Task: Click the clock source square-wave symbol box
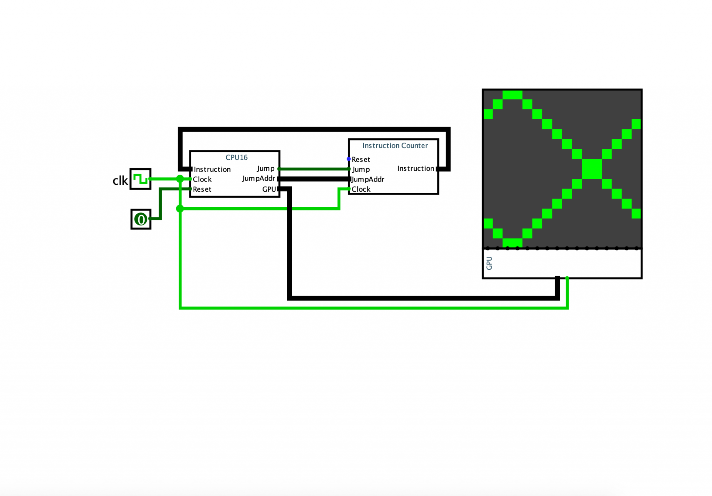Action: [140, 179]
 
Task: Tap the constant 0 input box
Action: [141, 219]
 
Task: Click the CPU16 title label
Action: [236, 158]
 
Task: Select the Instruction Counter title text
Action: [395, 145]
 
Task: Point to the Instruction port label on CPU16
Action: [212, 169]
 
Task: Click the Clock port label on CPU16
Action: [202, 179]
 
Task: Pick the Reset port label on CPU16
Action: [202, 189]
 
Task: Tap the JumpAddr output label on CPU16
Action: [258, 178]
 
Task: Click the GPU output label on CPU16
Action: [269, 189]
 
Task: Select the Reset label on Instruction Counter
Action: [361, 160]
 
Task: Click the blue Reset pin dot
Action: [348, 159]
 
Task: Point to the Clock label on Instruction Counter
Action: [361, 189]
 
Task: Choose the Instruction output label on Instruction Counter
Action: [415, 168]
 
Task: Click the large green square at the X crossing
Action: [592, 169]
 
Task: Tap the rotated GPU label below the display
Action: [489, 263]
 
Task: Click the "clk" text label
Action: [120, 181]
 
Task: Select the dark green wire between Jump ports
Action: [314, 169]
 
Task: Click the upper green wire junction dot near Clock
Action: [180, 179]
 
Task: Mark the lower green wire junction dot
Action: [180, 209]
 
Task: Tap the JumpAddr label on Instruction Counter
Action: [368, 179]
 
